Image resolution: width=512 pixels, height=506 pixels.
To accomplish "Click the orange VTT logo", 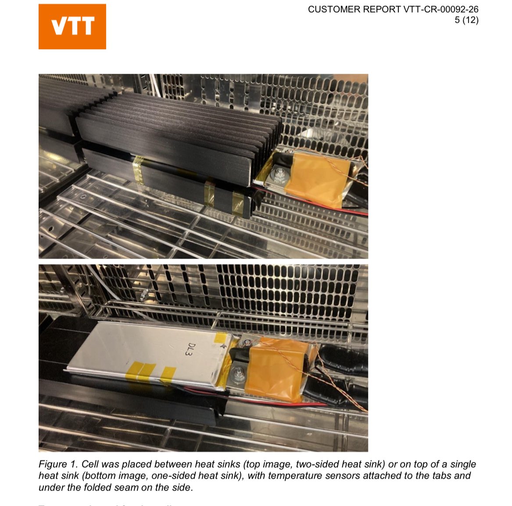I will pos(72,26).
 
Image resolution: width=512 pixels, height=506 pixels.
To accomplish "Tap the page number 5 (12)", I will pos(466,20).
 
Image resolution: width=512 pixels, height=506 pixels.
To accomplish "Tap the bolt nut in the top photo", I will pos(277,175).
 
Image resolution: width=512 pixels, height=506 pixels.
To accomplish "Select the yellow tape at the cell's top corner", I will pos(220,338).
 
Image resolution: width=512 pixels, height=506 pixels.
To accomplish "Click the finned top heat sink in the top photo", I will pos(184,127).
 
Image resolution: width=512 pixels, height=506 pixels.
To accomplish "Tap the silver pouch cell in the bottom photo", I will pos(145,356).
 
